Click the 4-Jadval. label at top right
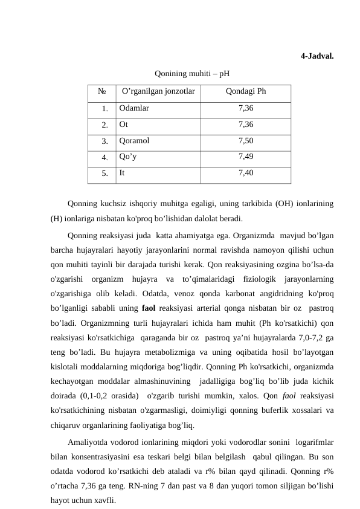pyautogui.click(x=318, y=57)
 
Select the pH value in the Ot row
pyautogui.click(x=245, y=125)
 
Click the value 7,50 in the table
pyautogui.click(x=245, y=141)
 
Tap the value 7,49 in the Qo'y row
pyautogui.click(x=245, y=157)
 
